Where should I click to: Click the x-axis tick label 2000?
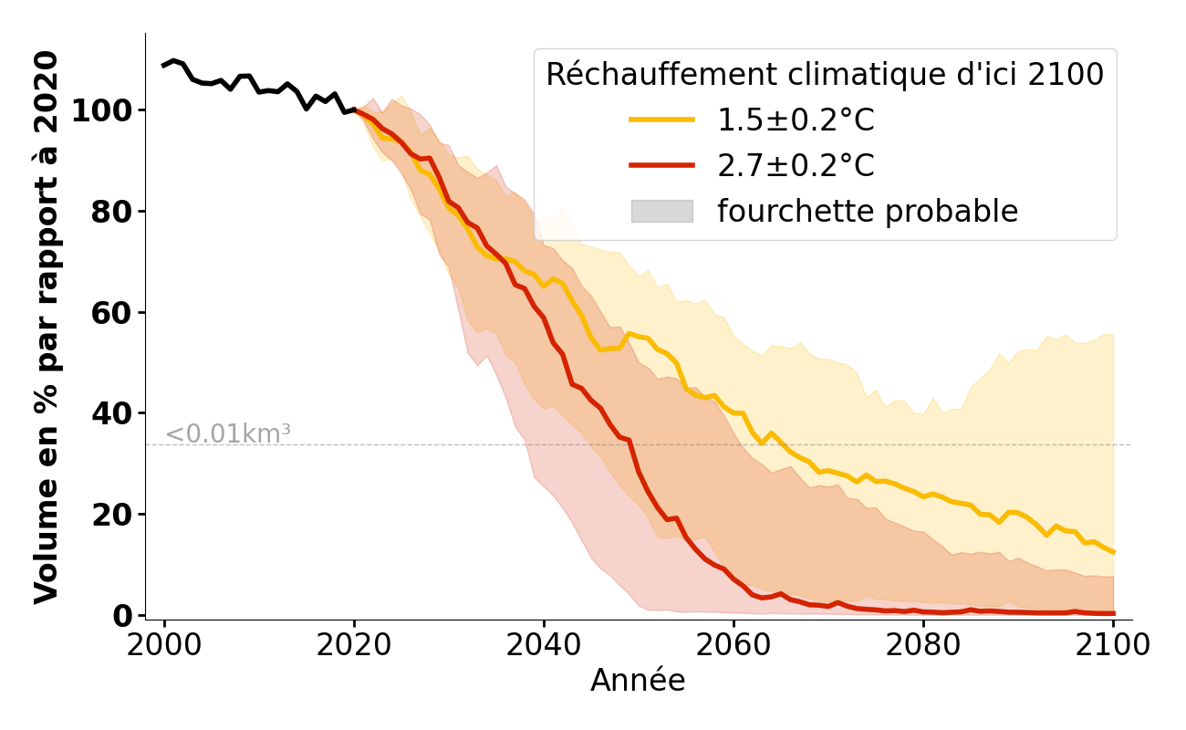[164, 645]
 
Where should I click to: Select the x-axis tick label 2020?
[354, 645]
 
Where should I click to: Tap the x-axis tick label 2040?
[544, 645]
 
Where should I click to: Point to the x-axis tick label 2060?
[733, 645]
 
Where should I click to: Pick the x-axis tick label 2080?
[923, 645]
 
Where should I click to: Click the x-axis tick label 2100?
[1113, 645]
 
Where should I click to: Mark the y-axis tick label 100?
[102, 111]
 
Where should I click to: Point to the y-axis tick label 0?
[123, 616]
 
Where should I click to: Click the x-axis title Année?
[638, 681]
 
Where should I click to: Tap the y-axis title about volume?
[47, 327]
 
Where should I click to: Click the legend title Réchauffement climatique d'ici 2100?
[825, 75]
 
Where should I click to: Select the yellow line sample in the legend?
[661, 120]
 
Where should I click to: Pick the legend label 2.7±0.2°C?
[796, 166]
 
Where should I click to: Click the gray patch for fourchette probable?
[661, 211]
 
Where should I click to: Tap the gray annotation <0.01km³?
[227, 434]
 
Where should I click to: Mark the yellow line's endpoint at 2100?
[1113, 551]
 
